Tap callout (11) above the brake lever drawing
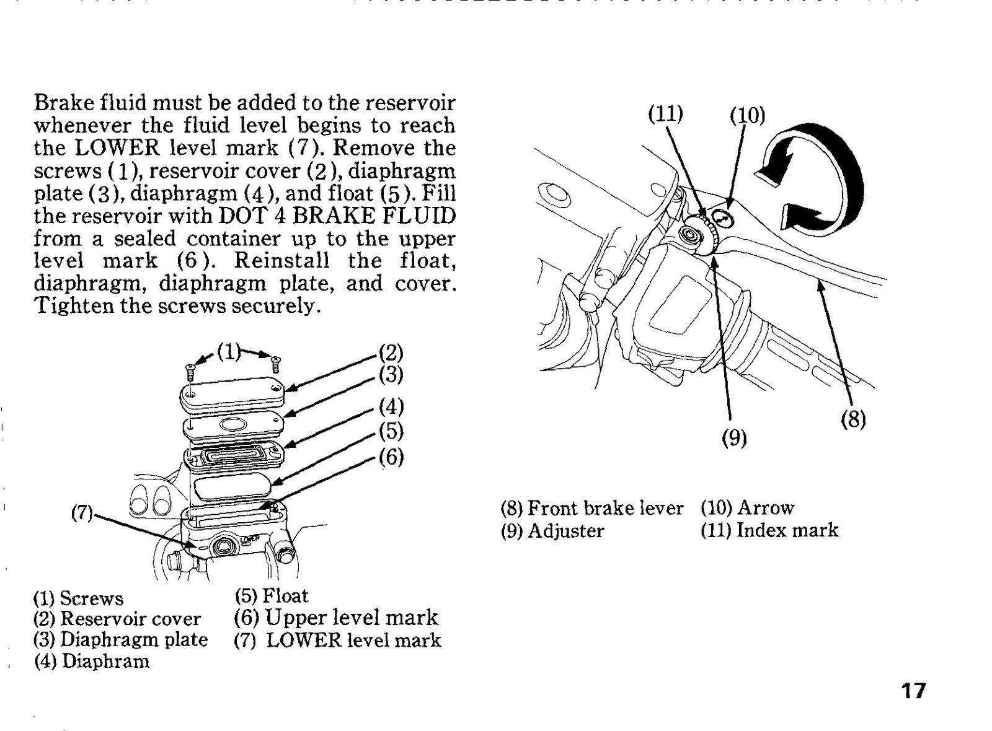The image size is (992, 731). (666, 114)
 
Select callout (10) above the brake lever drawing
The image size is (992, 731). (747, 115)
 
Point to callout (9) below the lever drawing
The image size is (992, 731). (734, 438)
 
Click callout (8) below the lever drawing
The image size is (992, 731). (853, 419)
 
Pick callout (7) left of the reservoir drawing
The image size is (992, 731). (82, 513)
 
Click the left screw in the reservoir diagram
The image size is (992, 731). (190, 371)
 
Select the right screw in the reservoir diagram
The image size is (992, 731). (275, 364)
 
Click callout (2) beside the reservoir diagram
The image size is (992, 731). (391, 352)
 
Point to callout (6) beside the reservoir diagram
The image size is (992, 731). (391, 457)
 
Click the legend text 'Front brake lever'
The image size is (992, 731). (605, 508)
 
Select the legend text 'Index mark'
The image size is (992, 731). (787, 530)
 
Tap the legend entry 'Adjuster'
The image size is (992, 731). (566, 530)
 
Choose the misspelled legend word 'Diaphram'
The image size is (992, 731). (105, 662)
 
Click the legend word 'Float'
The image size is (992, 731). (285, 595)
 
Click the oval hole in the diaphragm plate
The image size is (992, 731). (234, 424)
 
